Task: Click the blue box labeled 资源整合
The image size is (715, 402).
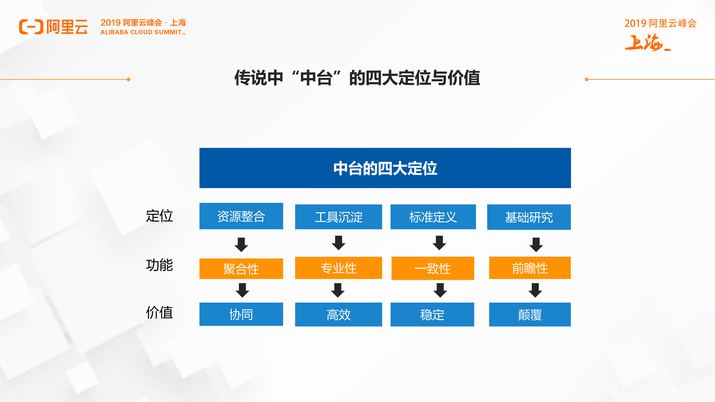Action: (x=241, y=216)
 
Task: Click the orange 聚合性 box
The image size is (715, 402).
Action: (x=241, y=269)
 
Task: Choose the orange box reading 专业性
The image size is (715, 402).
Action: (x=338, y=268)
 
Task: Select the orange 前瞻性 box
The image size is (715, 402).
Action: (x=530, y=268)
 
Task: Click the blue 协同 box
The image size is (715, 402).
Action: (x=241, y=314)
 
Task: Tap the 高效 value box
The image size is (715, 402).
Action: (x=338, y=315)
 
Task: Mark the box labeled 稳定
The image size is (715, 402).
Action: (x=432, y=315)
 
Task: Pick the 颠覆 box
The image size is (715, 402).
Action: (x=530, y=315)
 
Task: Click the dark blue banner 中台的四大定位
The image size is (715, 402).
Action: (x=385, y=168)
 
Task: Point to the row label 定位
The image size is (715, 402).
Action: (x=159, y=216)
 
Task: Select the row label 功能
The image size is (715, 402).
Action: (x=159, y=265)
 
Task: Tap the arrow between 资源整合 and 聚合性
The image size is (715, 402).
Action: (x=241, y=244)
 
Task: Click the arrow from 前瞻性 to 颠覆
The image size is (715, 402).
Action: (x=535, y=290)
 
